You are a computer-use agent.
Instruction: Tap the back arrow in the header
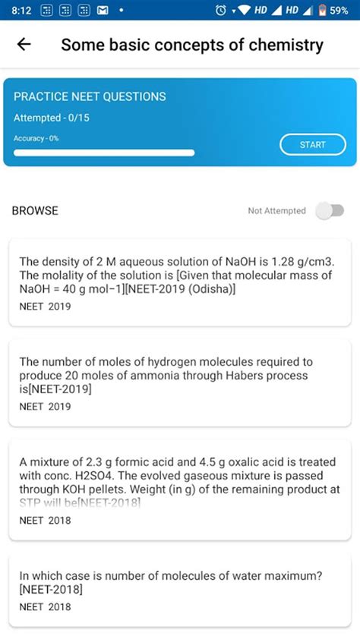click(x=24, y=45)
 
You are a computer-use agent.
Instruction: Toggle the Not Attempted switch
click(x=330, y=210)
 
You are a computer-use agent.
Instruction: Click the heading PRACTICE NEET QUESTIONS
click(x=90, y=97)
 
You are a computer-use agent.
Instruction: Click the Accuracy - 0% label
click(x=36, y=138)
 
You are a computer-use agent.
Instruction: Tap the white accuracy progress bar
click(x=104, y=152)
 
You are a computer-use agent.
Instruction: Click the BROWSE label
click(x=35, y=211)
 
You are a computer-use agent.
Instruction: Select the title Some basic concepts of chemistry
click(x=191, y=45)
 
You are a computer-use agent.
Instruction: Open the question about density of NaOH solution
click(x=179, y=275)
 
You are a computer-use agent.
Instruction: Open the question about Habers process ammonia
click(x=179, y=375)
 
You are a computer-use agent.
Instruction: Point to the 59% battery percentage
click(x=339, y=11)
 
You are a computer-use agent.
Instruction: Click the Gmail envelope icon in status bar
click(x=101, y=11)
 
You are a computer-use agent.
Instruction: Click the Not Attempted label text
click(x=276, y=211)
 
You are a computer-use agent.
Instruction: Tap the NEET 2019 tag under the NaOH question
click(x=45, y=307)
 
